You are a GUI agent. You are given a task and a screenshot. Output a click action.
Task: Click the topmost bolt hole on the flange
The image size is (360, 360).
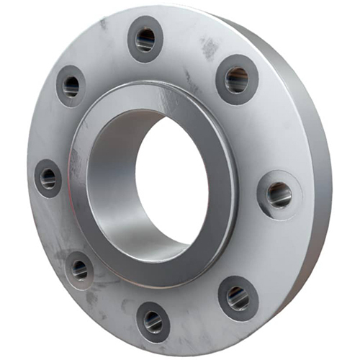coord(145,39)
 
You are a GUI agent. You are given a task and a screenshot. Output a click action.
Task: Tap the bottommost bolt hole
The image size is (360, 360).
coord(153,322)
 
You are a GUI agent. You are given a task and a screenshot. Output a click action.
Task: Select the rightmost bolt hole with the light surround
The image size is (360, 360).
coord(279,194)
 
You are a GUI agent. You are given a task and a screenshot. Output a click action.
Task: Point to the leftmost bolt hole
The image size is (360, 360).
coord(48,178)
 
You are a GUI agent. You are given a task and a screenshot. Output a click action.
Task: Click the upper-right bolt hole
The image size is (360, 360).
coord(236,80)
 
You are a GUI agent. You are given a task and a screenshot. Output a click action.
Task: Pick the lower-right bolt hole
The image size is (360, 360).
coord(238,297)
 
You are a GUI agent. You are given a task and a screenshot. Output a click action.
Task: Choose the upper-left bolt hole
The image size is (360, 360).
coord(71,86)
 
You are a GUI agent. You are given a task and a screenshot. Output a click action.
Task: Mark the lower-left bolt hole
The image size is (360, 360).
coord(79,270)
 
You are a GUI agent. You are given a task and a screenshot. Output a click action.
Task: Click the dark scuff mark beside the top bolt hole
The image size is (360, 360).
coord(210,48)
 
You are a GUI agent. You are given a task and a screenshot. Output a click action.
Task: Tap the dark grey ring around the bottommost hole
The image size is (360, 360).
coord(140,317)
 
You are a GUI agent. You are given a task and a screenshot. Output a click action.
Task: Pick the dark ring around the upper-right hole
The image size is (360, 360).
coord(222,75)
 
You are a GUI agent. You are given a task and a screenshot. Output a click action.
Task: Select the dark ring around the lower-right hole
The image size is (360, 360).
coord(224,292)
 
